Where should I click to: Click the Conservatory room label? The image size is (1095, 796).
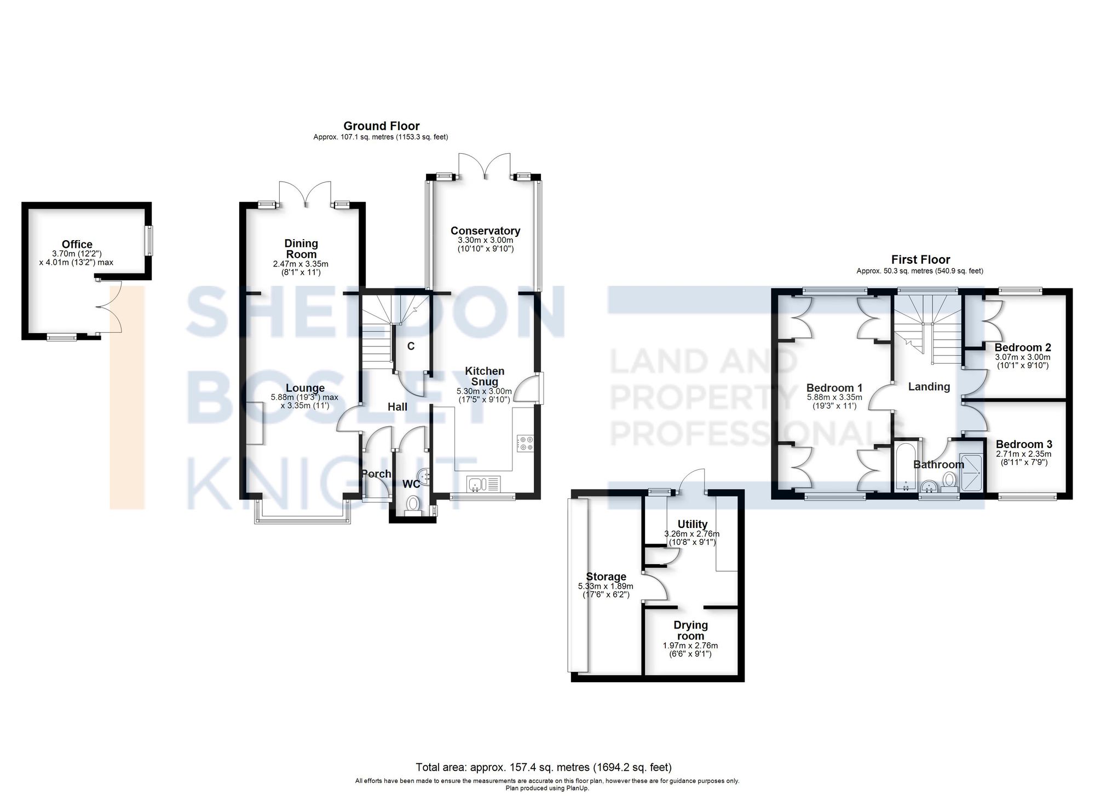pyautogui.click(x=485, y=231)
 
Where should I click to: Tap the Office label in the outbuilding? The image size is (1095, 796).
pyautogui.click(x=77, y=245)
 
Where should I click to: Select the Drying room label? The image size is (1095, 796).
pyautogui.click(x=690, y=630)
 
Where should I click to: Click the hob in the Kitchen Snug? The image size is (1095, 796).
pyautogui.click(x=525, y=443)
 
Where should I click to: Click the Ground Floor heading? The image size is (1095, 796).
pyautogui.click(x=381, y=126)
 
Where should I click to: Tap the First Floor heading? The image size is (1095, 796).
pyautogui.click(x=920, y=260)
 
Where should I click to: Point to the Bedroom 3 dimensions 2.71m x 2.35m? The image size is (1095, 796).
pyautogui.click(x=1024, y=454)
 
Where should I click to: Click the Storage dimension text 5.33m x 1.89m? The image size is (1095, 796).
pyautogui.click(x=606, y=586)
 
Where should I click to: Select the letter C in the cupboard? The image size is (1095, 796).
pyautogui.click(x=411, y=346)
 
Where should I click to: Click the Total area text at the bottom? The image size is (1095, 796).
pyautogui.click(x=544, y=768)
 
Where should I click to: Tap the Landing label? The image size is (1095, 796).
pyautogui.click(x=929, y=387)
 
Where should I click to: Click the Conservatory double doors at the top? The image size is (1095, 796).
pyautogui.click(x=485, y=166)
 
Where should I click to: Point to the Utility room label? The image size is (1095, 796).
pyautogui.click(x=692, y=524)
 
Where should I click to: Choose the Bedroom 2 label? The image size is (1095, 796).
pyautogui.click(x=1023, y=347)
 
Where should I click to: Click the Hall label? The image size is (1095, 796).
pyautogui.click(x=397, y=407)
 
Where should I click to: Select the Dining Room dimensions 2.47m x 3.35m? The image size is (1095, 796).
pyautogui.click(x=301, y=264)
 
